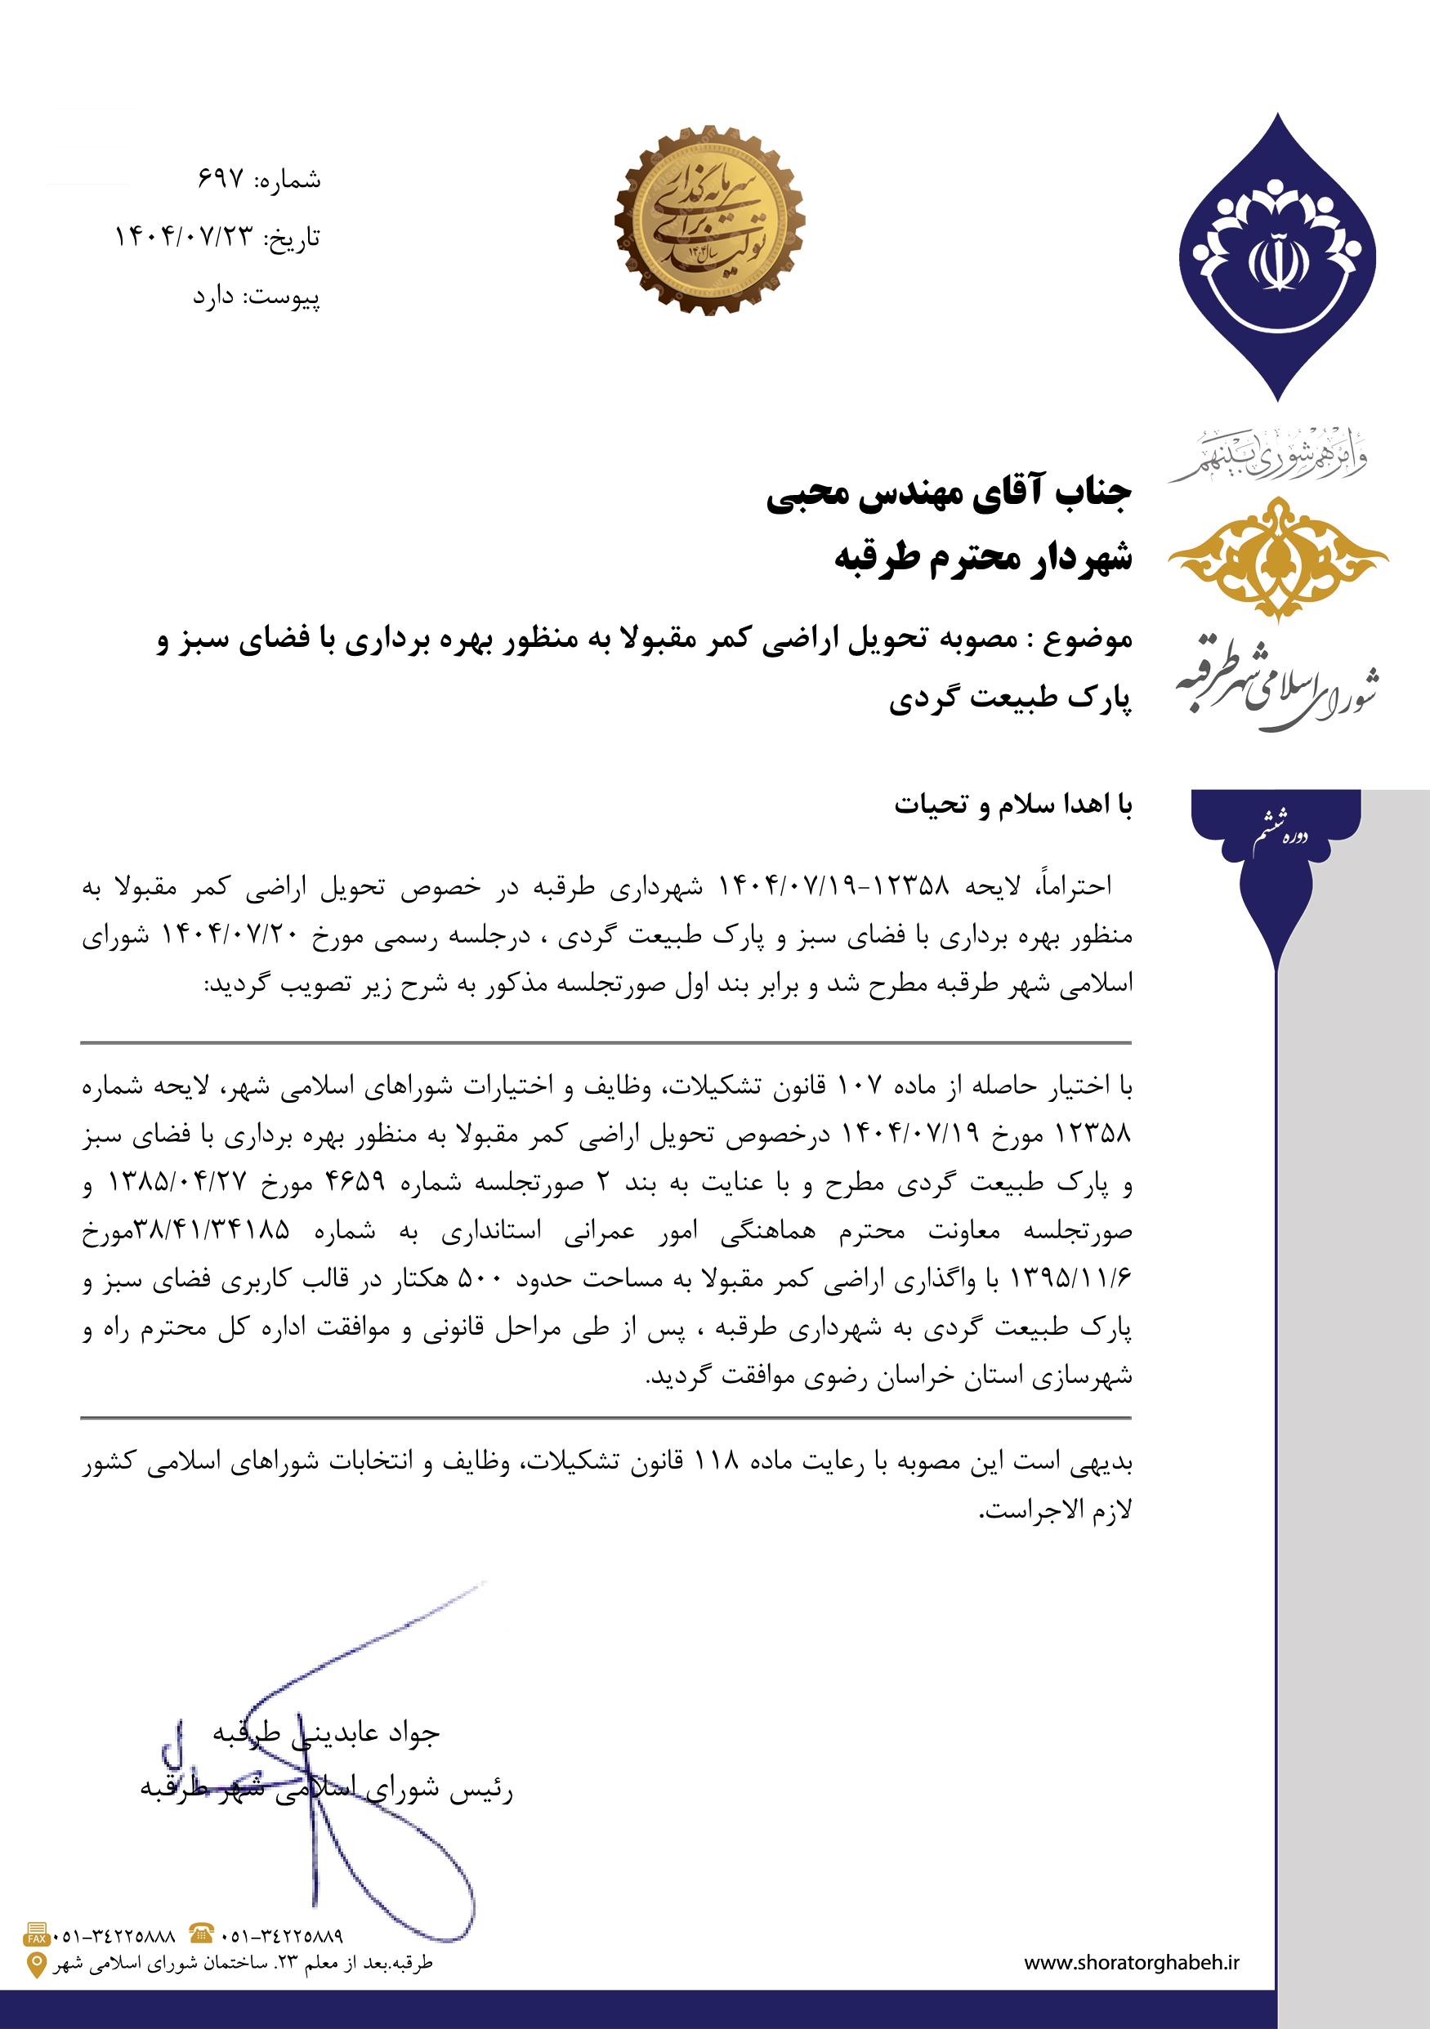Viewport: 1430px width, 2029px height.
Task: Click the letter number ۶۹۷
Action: coord(220,181)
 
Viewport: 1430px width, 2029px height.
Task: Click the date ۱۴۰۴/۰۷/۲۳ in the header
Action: coord(185,238)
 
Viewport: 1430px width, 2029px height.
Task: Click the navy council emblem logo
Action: coord(1277,256)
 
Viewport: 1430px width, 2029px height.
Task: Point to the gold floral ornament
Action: coord(1277,557)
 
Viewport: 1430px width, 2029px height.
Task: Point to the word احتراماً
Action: coord(1076,885)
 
